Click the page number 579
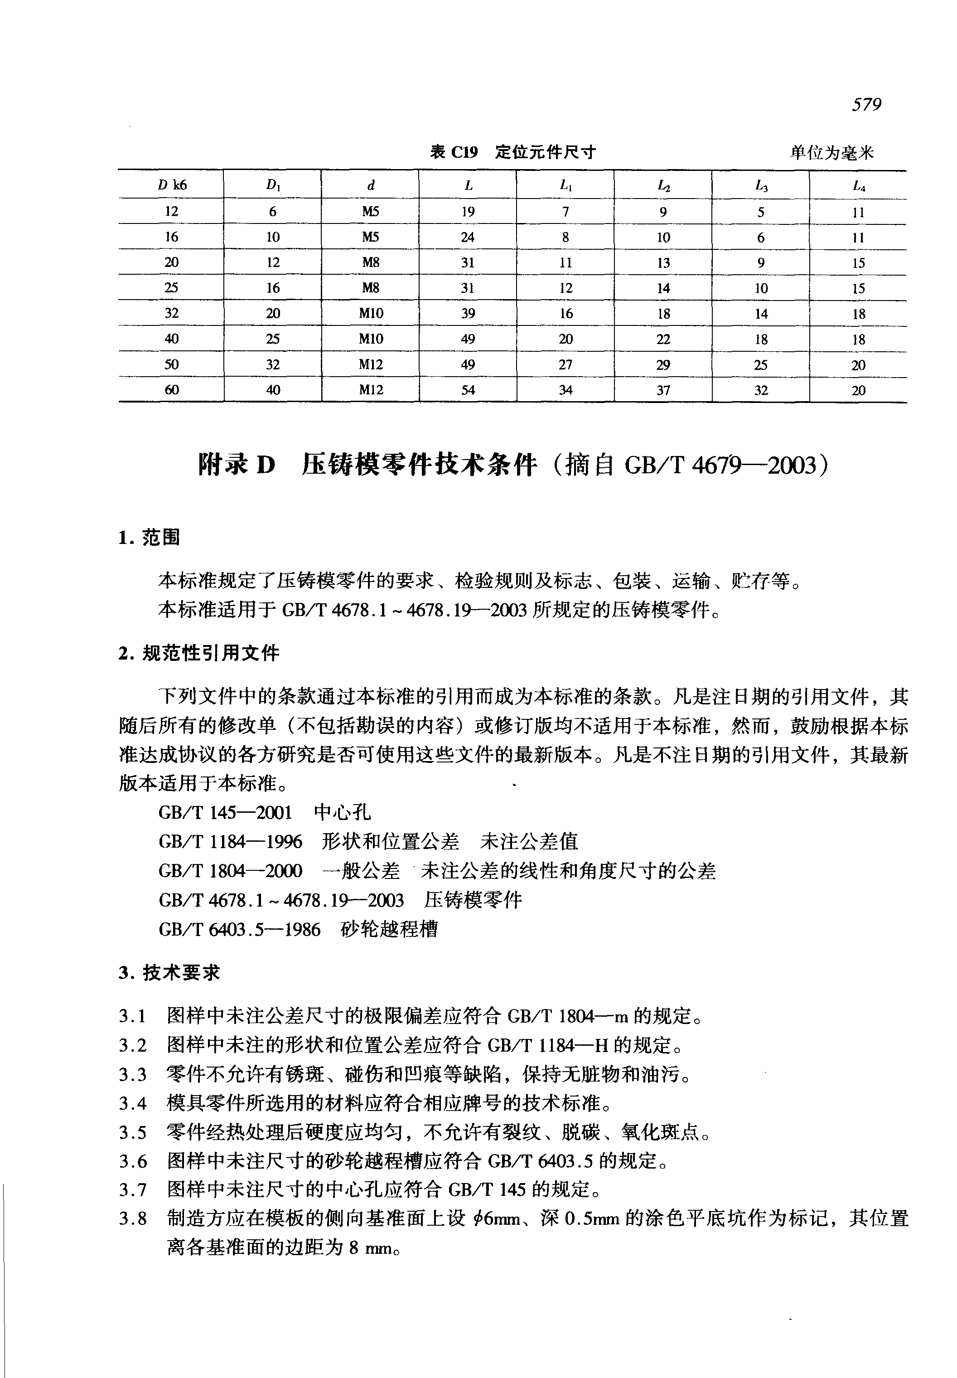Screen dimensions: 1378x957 pos(866,105)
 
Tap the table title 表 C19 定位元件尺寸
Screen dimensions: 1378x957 pos(512,152)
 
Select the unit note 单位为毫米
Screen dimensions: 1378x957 pos(831,153)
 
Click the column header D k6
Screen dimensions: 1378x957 pos(172,185)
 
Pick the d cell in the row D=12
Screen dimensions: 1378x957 pos(371,211)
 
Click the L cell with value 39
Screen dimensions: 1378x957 pos(468,313)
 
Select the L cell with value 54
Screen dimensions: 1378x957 pos(468,390)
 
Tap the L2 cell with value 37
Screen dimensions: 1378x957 pos(663,390)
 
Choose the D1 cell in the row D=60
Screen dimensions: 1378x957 pos(273,390)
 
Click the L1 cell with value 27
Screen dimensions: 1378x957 pos(565,364)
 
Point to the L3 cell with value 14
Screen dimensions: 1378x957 pos(761,313)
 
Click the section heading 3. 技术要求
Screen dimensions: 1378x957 pos(169,972)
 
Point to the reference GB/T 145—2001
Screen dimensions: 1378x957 pos(225,813)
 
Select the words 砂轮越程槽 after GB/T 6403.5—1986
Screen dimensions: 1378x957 pos(389,929)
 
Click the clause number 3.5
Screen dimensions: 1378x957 pos(132,1133)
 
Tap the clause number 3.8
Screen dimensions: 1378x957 pos(132,1219)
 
